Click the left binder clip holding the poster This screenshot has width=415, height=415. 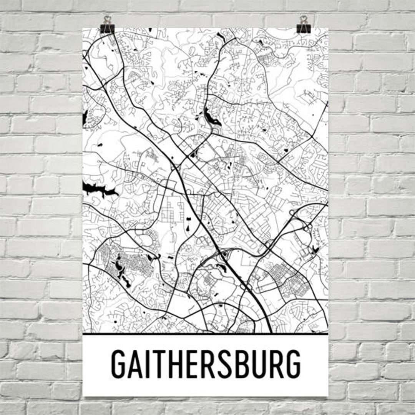pos(107,25)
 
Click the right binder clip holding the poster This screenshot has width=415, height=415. pos(304,25)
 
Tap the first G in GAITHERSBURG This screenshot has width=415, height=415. pos(119,364)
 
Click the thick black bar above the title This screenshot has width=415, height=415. pos(206,334)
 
